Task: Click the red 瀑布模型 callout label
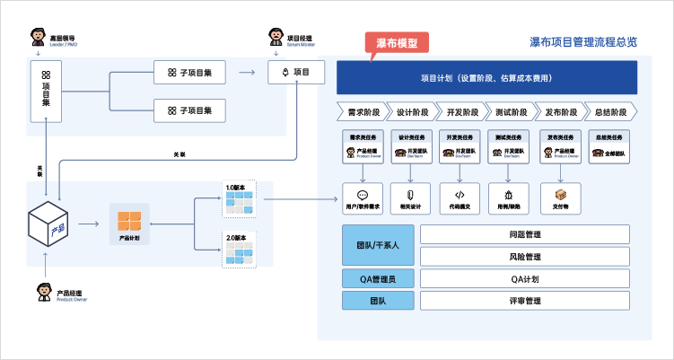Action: pyautogui.click(x=397, y=43)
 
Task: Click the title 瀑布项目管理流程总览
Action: pyautogui.click(x=583, y=42)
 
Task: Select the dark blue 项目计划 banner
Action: pyautogui.click(x=486, y=78)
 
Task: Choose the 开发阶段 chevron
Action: pyautogui.click(x=461, y=112)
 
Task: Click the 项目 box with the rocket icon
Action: pyautogui.click(x=296, y=72)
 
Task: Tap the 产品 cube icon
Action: pyautogui.click(x=50, y=224)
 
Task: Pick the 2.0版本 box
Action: pyautogui.click(x=240, y=249)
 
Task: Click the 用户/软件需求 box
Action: pyautogui.click(x=363, y=198)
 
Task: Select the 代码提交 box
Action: pyautogui.click(x=460, y=198)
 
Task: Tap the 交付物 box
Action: pyautogui.click(x=561, y=198)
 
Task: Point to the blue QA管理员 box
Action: pyautogui.click(x=378, y=278)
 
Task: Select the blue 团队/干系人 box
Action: pyautogui.click(x=378, y=245)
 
